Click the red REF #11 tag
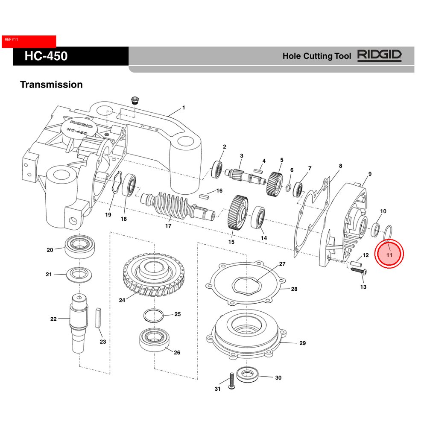tap(29, 41)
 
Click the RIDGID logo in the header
tap(379, 56)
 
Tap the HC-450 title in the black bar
tap(46, 56)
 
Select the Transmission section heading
tap(51, 85)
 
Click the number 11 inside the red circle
tap(389, 255)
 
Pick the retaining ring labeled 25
tap(153, 315)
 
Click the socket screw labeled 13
tap(358, 270)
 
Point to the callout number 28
tap(294, 289)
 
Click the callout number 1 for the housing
tap(184, 108)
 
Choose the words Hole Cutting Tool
tap(317, 56)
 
